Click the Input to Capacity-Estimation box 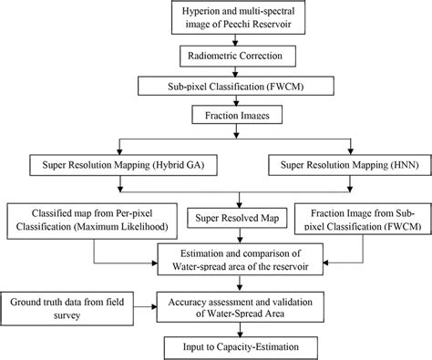[237, 346]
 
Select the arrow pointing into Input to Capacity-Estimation [237, 329]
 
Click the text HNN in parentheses [394, 166]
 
